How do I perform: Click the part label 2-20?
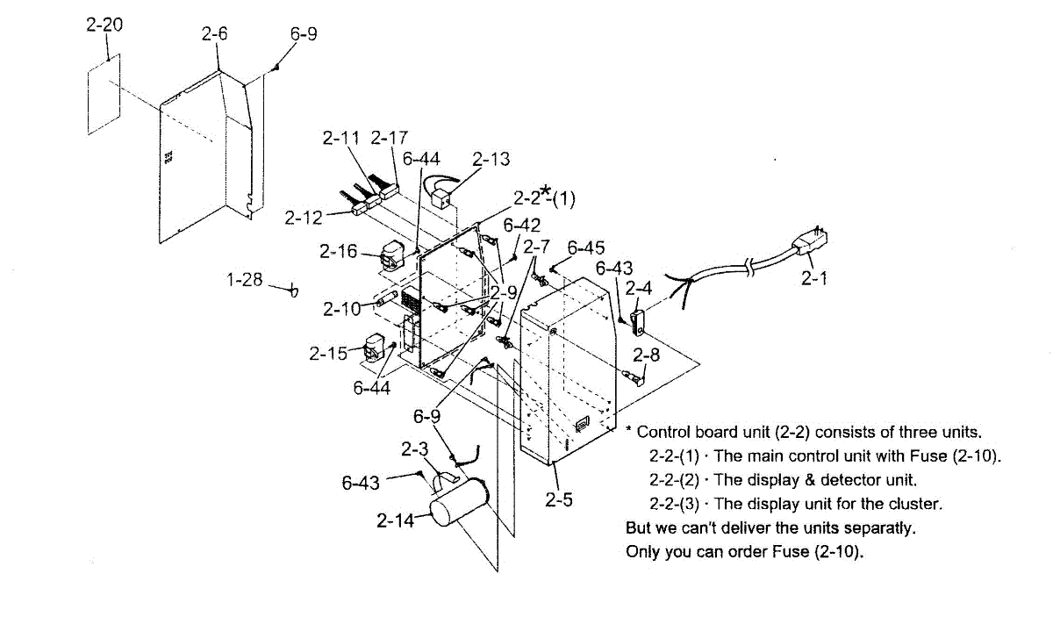click(x=104, y=25)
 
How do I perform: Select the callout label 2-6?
click(x=215, y=35)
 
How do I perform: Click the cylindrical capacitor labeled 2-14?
click(x=458, y=506)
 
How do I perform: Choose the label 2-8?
click(x=646, y=355)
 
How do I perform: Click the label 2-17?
click(x=389, y=138)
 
